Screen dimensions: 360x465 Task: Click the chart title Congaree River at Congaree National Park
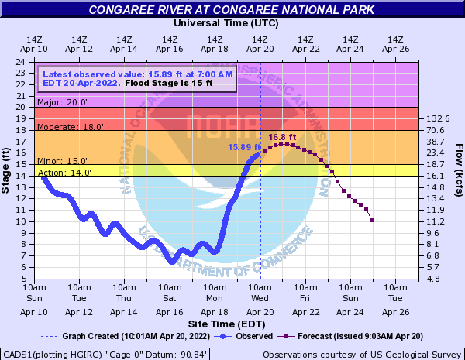tap(232, 9)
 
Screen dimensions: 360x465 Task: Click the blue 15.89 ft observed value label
tap(240, 146)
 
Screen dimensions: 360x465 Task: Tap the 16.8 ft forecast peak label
tap(282, 137)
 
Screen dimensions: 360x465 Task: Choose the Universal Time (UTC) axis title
tap(225, 23)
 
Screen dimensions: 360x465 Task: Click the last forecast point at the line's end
tap(372, 221)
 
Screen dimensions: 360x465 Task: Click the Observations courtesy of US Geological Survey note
tap(361, 353)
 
